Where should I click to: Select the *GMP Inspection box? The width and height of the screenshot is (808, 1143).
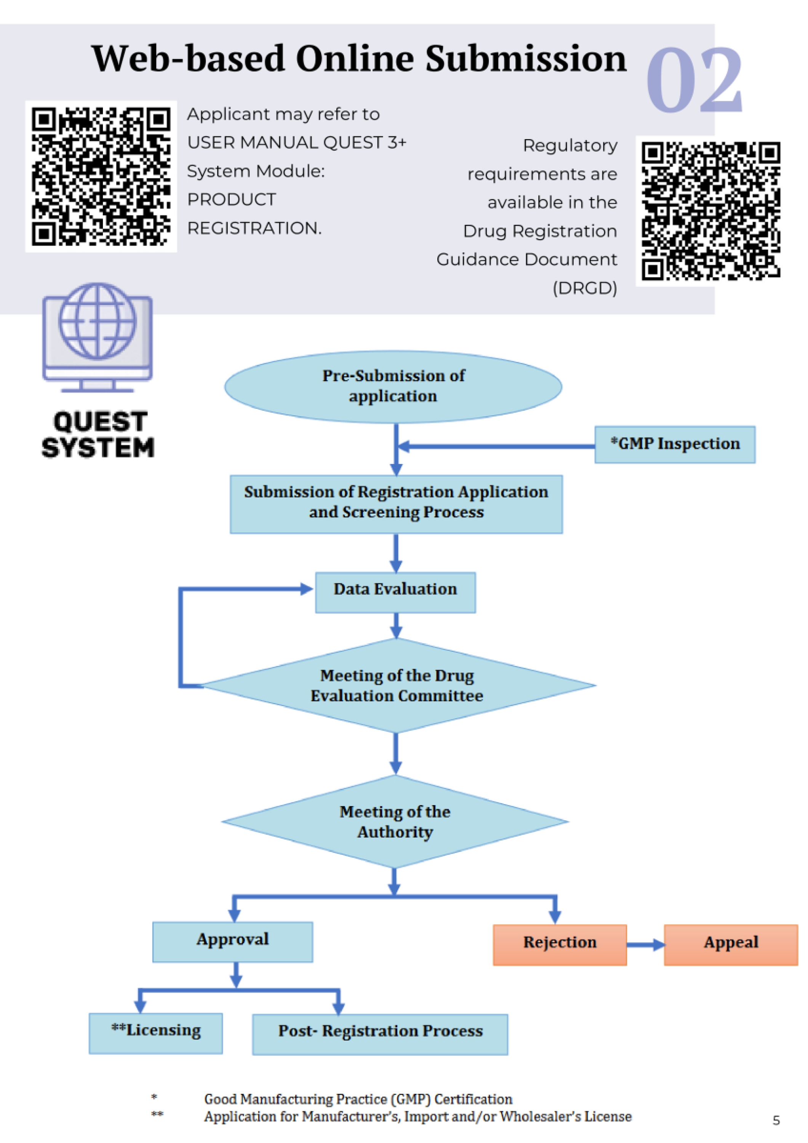tap(675, 444)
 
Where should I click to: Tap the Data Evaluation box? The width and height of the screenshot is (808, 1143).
tap(395, 592)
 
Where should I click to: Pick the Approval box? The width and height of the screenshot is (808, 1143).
tap(232, 941)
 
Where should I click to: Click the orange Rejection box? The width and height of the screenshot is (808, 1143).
tap(560, 944)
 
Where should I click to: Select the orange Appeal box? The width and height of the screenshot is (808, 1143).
tap(731, 944)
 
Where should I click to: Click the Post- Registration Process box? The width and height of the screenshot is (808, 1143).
tap(380, 1034)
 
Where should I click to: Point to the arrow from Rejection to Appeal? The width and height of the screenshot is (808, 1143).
tap(645, 944)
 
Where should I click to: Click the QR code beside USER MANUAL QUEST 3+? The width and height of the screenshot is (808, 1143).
tap(101, 177)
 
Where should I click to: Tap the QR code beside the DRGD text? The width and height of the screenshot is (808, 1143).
tap(710, 211)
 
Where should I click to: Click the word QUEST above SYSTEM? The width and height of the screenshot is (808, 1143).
tap(100, 422)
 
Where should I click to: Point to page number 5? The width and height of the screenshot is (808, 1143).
tap(776, 1120)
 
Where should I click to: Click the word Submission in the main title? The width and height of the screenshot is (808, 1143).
tap(525, 59)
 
